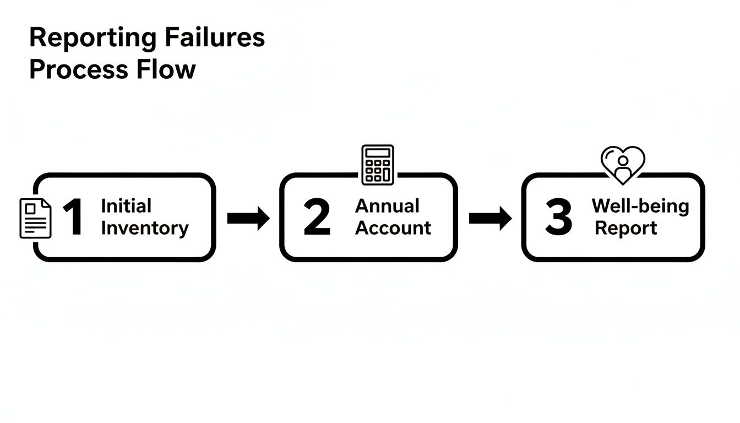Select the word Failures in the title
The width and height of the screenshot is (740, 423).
215,37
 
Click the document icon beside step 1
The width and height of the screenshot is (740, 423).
35,219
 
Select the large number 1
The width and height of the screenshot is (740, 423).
73,218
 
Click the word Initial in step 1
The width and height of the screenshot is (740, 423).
126,206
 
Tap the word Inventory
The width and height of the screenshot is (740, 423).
145,228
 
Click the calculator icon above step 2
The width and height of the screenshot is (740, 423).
378,164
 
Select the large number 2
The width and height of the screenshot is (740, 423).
317,218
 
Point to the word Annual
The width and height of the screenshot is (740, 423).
387,206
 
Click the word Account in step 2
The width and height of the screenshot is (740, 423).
393,228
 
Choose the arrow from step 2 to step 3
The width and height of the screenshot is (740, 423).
489,218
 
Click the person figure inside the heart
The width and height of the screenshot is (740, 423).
623,168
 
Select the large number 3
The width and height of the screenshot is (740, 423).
559,218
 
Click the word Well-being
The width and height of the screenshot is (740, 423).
640,206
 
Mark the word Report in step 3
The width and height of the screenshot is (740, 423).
626,228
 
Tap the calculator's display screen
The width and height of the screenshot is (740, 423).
378,153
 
